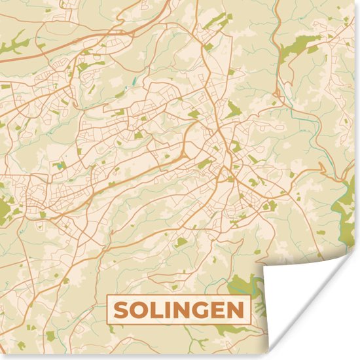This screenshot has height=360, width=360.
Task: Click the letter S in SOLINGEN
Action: tap(122, 310)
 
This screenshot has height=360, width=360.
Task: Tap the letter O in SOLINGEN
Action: tap(140, 310)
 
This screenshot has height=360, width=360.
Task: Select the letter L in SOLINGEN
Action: tap(157, 310)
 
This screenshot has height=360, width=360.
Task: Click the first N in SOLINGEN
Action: tap(183, 310)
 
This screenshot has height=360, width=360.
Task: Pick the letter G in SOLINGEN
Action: tap(202, 310)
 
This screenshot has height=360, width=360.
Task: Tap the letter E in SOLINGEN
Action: tap(219, 310)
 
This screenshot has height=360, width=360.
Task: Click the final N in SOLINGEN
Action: tap(236, 310)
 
